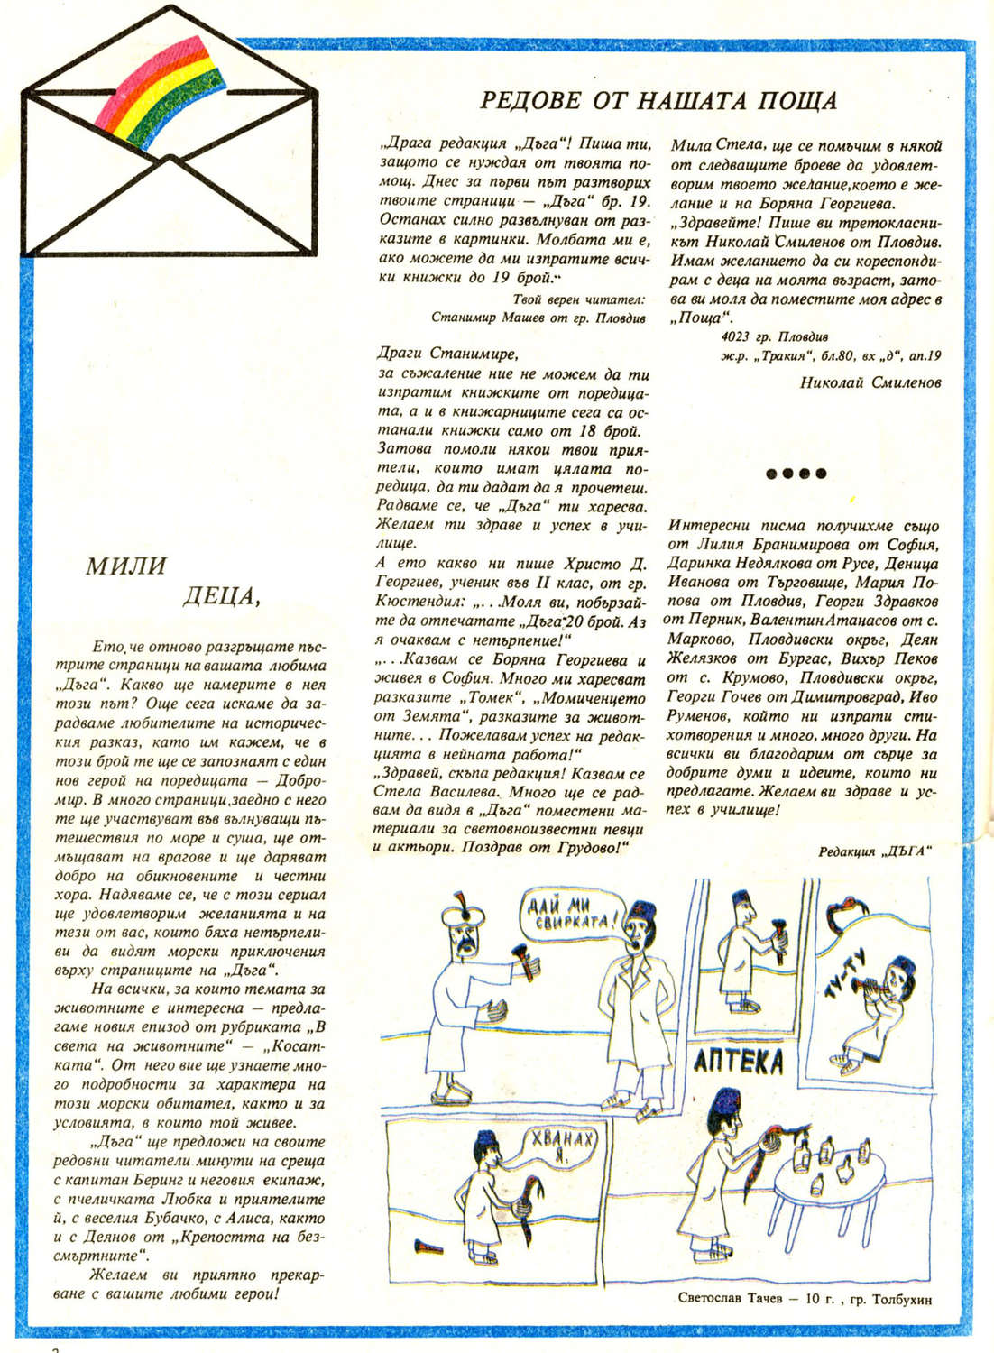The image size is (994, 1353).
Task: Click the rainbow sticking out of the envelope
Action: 163,90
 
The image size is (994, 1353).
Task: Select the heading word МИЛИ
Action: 125,566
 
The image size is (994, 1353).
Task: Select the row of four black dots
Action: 796,473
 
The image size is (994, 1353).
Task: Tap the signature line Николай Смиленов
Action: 870,382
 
